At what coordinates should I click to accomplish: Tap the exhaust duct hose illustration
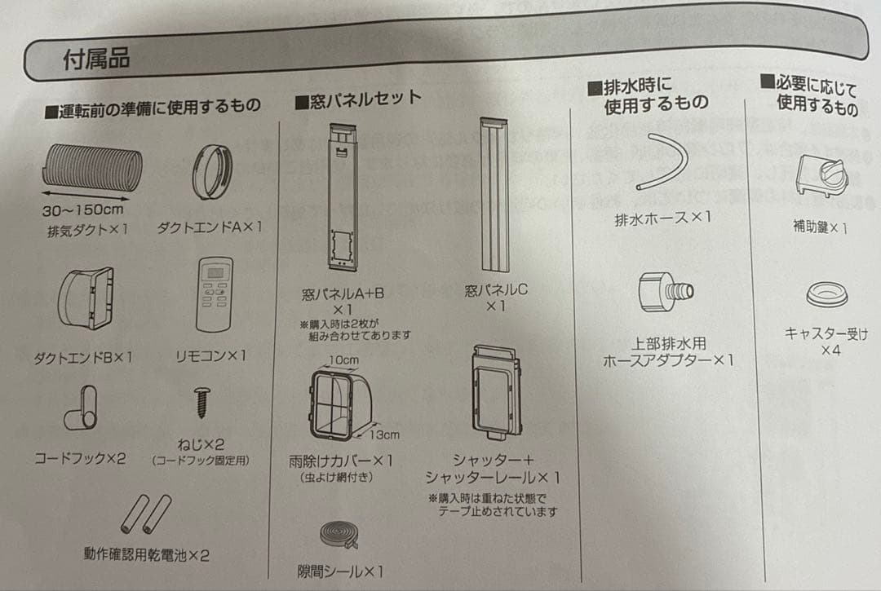(91, 170)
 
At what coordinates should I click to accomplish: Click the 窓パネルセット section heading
(357, 102)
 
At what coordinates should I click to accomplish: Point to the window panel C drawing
(494, 196)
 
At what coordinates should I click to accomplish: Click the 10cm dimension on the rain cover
(344, 360)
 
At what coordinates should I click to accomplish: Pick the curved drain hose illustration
(662, 163)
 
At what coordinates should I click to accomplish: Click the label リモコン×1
(211, 356)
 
